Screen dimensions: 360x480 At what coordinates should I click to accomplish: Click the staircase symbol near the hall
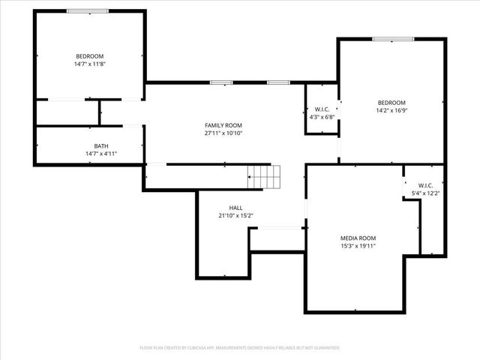264,177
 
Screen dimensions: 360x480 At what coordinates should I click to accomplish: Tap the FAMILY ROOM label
223,125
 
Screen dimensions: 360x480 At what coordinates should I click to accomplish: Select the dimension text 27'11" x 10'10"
223,133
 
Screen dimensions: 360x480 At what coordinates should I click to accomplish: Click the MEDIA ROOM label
358,238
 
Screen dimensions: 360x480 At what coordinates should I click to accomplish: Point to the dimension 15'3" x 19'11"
358,246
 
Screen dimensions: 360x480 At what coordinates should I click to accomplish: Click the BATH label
100,145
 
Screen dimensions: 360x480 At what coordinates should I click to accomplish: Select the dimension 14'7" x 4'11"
100,154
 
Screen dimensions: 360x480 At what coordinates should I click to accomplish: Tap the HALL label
235,208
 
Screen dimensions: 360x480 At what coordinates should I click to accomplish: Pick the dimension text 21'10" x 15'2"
235,216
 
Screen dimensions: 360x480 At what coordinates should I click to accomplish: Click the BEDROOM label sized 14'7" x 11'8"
89,56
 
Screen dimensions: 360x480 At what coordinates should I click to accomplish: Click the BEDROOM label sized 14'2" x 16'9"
391,103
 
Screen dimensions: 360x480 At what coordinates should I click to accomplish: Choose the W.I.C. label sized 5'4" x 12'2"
425,185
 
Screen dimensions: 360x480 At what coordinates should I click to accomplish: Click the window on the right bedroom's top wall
393,39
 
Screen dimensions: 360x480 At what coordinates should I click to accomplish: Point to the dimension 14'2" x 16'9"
391,111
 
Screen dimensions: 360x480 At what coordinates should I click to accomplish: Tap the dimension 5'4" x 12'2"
425,193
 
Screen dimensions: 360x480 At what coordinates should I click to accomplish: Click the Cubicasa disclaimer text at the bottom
240,348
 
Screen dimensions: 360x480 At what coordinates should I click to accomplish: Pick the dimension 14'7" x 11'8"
89,64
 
